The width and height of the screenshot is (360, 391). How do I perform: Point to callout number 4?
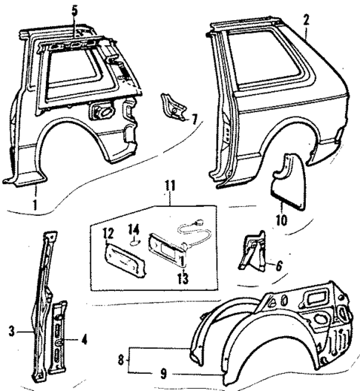85,340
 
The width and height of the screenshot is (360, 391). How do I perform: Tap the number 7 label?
194,119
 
